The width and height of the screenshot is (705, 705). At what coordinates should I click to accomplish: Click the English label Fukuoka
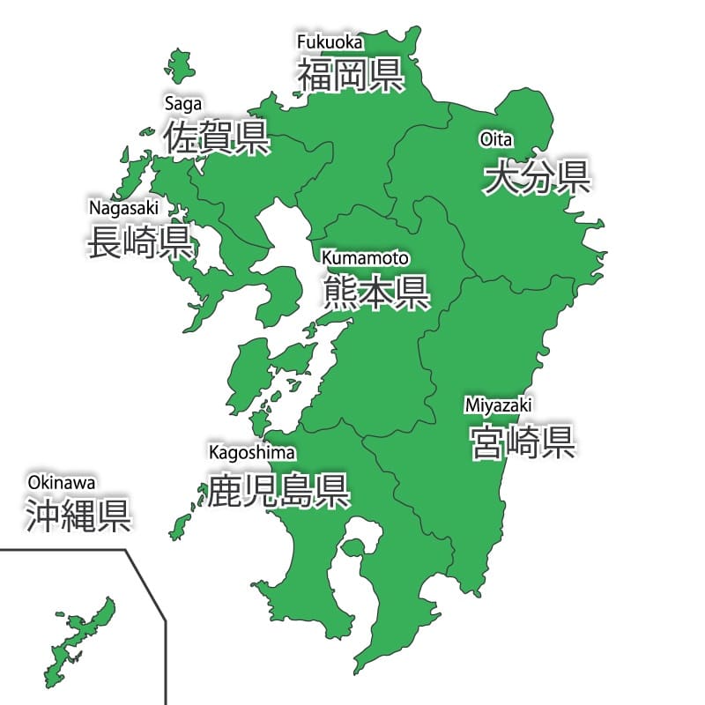[330, 41]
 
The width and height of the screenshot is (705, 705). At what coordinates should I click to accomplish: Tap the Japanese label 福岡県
[350, 75]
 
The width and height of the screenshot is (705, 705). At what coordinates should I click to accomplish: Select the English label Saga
[183, 103]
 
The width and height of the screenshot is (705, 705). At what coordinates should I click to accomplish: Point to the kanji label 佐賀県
[217, 137]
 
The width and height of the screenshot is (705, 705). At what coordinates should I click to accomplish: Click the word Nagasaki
[123, 207]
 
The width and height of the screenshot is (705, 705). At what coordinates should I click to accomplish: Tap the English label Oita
[496, 139]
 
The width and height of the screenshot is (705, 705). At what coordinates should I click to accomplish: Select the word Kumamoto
[365, 258]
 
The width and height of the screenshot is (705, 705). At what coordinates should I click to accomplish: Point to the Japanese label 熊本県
[376, 292]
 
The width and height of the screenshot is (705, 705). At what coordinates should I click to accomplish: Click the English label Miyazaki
[498, 405]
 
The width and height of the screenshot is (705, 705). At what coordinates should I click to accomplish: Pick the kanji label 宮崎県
[523, 441]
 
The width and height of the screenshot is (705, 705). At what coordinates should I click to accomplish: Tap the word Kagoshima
[252, 453]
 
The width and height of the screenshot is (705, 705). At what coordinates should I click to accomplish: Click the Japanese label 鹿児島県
[278, 490]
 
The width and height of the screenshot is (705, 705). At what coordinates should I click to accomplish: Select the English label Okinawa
[61, 482]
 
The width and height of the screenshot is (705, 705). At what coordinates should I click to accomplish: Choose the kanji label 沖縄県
[78, 515]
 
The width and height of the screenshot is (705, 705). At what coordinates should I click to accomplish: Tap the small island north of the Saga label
[180, 66]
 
